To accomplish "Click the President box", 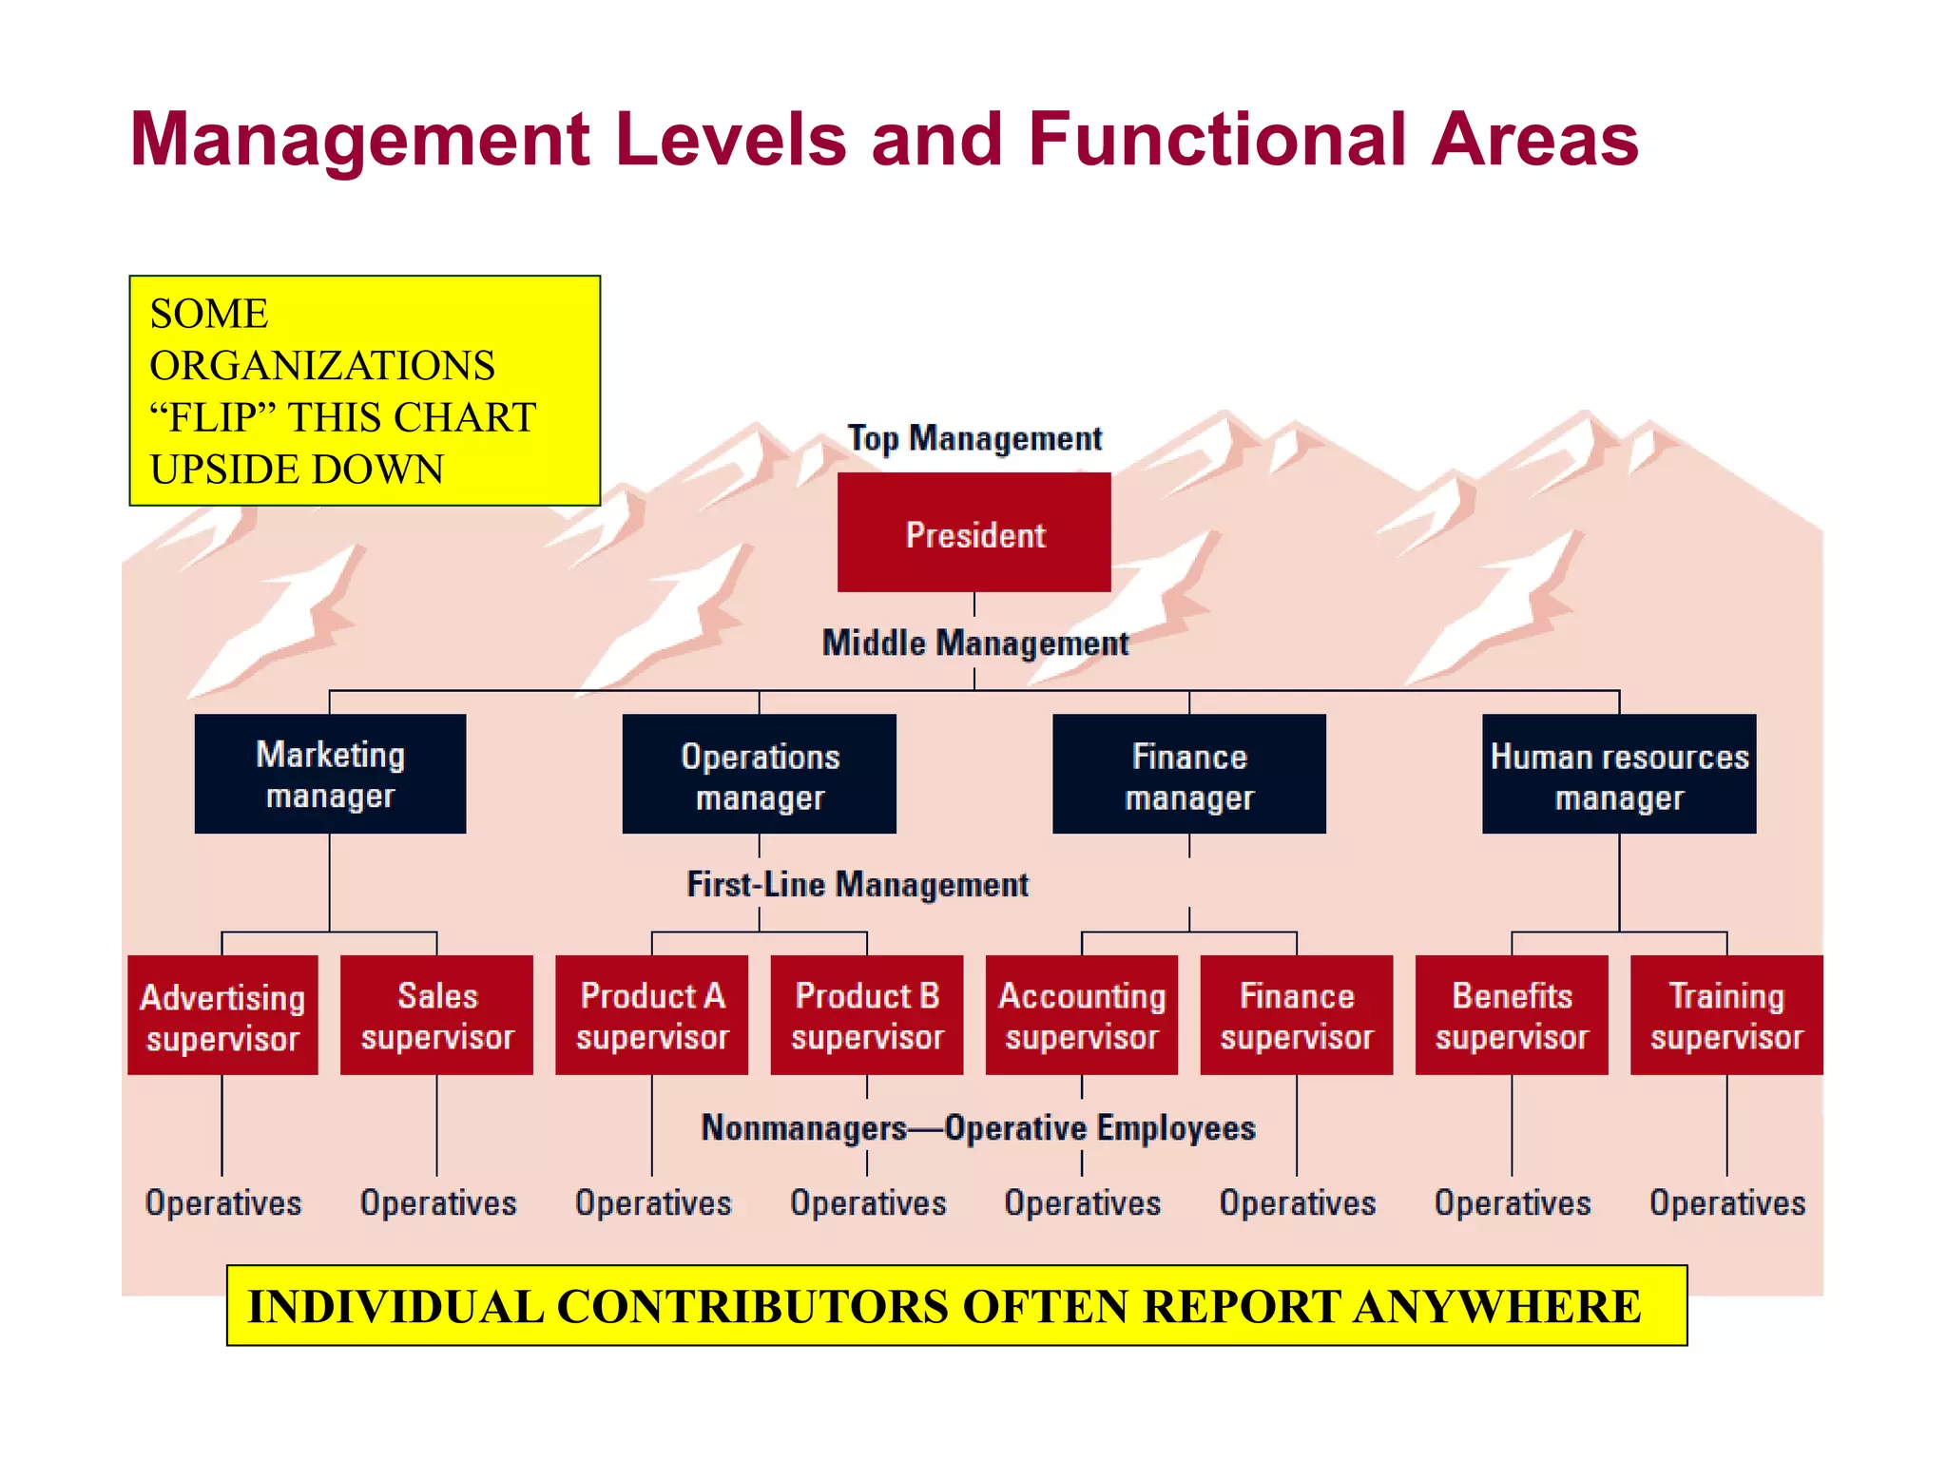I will coord(973,532).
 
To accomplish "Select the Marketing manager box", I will coord(330,774).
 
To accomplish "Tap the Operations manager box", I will coord(759,775).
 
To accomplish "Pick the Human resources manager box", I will coord(1619,775).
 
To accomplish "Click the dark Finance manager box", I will coord(1188,775).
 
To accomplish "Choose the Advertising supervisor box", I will coord(222,1015).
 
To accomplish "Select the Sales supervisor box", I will coord(436,1015).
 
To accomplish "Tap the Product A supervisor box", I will coord(651,1015).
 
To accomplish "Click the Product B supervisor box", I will coord(866,1015).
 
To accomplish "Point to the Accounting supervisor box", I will coord(1081,1015).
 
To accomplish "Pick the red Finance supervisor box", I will coord(1296,1015).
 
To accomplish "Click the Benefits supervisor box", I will coord(1512,1015).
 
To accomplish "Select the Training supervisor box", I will coord(1726,1015).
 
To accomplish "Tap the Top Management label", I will coord(974,438).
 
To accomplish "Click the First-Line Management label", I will coord(858,884).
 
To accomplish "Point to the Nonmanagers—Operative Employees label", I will coord(978,1127).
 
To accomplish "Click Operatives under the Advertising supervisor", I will coord(222,1202).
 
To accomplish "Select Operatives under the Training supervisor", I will coord(1726,1202).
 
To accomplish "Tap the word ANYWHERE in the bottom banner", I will coord(1496,1306).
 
